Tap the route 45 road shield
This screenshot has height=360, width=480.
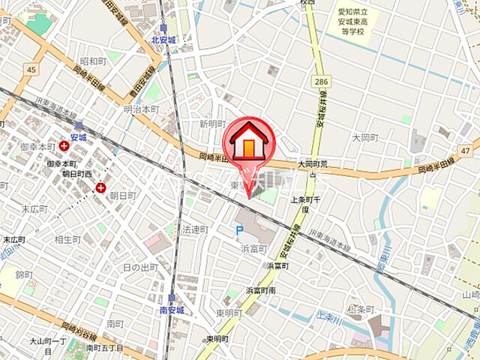pos(30,70)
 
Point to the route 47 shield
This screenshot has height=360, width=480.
pos(466,151)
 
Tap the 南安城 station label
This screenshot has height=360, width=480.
pos(172,308)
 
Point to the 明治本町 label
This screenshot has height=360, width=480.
pos(141,109)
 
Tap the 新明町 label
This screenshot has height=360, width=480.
pos(213,124)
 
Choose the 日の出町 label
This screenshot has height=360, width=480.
pos(140,267)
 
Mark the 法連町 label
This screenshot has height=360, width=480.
pos(194,229)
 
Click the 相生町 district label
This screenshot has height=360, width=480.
pos(67,240)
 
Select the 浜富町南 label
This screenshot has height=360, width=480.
pos(261,289)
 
